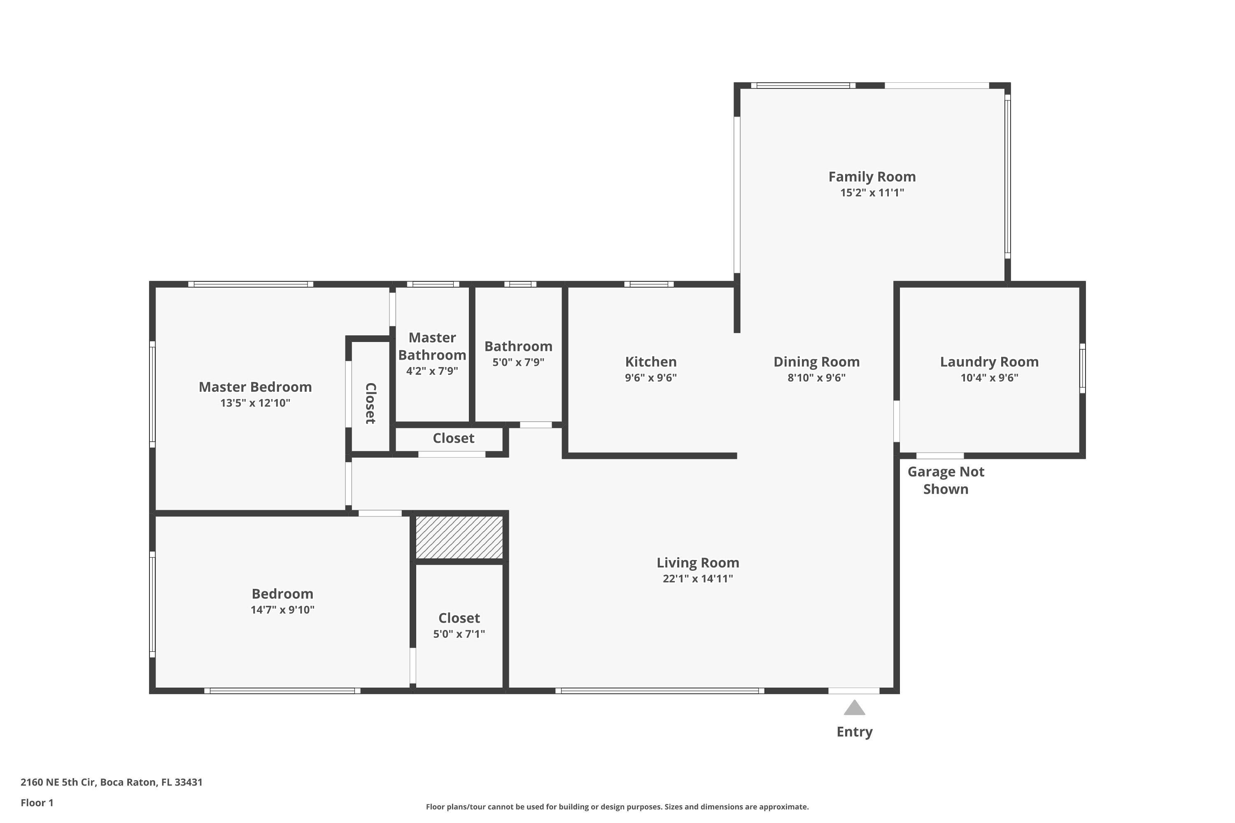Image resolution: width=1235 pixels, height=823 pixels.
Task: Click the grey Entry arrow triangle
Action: pyautogui.click(x=854, y=708)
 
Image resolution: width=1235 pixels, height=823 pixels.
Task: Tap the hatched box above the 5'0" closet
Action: pyautogui.click(x=459, y=537)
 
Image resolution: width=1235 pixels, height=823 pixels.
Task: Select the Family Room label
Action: pyautogui.click(x=871, y=177)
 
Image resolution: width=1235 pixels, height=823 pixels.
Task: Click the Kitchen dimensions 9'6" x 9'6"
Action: pyautogui.click(x=650, y=377)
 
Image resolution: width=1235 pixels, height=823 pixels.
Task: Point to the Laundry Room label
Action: pyautogui.click(x=989, y=362)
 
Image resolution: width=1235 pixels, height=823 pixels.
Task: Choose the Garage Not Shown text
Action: pyautogui.click(x=946, y=480)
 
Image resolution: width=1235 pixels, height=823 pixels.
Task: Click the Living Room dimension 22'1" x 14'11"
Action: pyautogui.click(x=697, y=579)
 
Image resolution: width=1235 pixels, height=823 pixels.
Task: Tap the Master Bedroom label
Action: pyautogui.click(x=255, y=387)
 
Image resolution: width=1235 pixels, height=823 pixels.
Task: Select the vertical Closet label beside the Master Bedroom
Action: pyautogui.click(x=370, y=403)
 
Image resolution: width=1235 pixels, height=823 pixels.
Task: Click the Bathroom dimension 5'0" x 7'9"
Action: pyautogui.click(x=518, y=362)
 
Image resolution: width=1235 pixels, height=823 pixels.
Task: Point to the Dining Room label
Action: pyautogui.click(x=816, y=362)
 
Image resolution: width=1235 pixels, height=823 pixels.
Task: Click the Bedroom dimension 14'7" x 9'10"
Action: pyautogui.click(x=282, y=609)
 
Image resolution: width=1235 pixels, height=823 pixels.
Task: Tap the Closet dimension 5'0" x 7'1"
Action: pyautogui.click(x=459, y=634)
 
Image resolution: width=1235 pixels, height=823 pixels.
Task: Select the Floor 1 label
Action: pyautogui.click(x=37, y=802)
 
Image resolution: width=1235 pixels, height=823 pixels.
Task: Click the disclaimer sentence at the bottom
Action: pyautogui.click(x=617, y=807)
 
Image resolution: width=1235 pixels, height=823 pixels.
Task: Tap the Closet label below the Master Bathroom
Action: pyautogui.click(x=453, y=438)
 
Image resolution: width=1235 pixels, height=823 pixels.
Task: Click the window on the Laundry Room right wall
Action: pyautogui.click(x=1082, y=368)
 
